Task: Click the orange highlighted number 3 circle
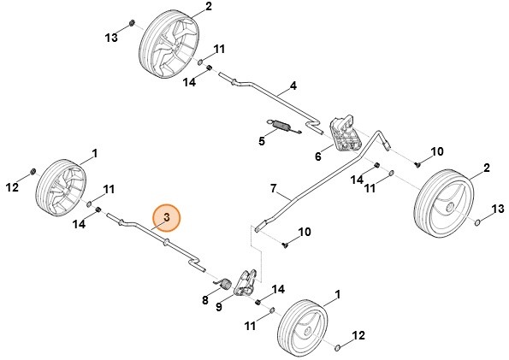coord(167,219)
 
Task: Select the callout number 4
coord(293,86)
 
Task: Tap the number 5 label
coord(263,141)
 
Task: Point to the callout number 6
coord(318,156)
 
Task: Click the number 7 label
coord(274,187)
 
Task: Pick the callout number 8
coord(205,300)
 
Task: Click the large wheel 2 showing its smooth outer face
coord(446,204)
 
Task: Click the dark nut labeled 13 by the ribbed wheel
coord(129,22)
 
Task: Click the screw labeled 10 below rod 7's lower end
coord(283,245)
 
